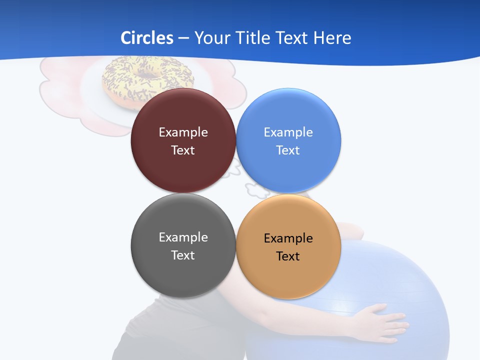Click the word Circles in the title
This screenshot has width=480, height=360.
pos(146,38)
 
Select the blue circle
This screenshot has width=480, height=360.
pos(288,170)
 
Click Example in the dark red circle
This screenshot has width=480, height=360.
pos(183,132)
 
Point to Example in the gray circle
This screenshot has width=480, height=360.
pos(183,237)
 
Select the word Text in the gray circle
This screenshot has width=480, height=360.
pos(183,255)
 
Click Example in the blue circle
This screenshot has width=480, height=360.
pos(288,132)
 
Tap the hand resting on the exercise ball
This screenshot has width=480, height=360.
pos(382,320)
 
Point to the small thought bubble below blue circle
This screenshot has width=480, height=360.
pos(257,189)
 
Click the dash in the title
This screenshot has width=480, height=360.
pos(183,38)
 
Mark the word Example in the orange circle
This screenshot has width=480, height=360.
pos(288,238)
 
